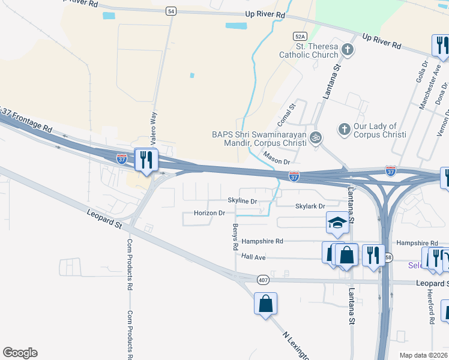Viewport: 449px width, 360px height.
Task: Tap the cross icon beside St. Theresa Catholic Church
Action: click(348, 49)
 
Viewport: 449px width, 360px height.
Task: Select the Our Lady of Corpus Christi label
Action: click(375, 130)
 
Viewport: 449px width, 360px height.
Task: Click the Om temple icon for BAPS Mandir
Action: click(316, 137)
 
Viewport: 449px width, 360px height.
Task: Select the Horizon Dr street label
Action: click(209, 213)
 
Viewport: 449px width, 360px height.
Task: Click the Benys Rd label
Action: click(235, 237)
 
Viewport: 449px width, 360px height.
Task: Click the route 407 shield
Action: click(263, 280)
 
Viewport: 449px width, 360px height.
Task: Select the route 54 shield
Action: click(172, 11)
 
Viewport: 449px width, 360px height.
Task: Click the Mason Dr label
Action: click(276, 162)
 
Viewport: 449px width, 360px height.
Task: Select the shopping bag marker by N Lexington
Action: click(265, 304)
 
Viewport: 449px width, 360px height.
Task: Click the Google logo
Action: click(20, 353)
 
